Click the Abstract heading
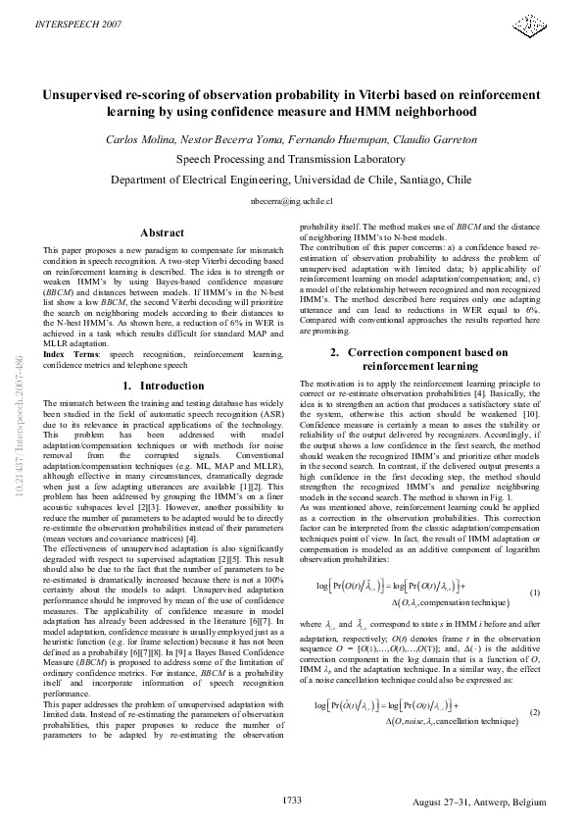click(163, 232)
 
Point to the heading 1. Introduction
click(163, 386)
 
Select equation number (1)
click(534, 593)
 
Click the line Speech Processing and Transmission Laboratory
click(291, 159)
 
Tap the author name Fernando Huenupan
click(327, 139)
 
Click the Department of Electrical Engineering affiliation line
click(291, 181)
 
